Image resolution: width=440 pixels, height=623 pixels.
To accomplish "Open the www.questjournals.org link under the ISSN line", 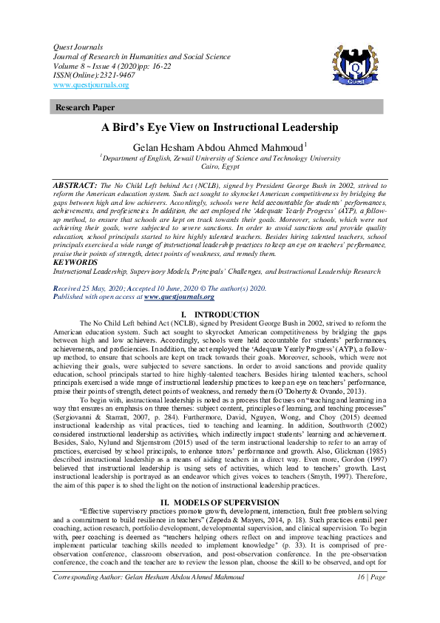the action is click(x=92, y=85).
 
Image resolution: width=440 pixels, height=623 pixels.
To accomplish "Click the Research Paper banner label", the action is click(x=86, y=107).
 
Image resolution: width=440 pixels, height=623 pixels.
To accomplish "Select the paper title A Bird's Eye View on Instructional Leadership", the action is click(x=220, y=127).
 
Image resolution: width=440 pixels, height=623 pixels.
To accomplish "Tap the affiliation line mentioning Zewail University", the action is click(x=220, y=158).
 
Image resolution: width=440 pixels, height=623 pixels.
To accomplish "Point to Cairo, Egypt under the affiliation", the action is click(x=220, y=167).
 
